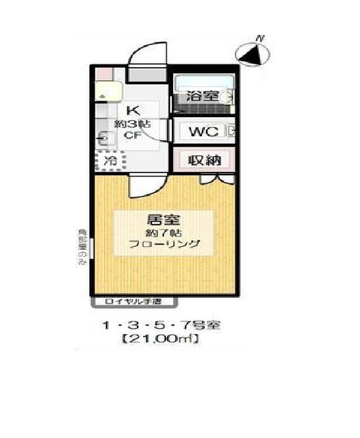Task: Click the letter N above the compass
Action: tap(258, 38)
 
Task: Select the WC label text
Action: tap(204, 130)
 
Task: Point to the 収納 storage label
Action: tap(204, 162)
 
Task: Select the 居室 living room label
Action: tap(159, 220)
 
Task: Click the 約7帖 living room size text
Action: tap(159, 233)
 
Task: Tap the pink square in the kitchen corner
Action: tap(101, 72)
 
